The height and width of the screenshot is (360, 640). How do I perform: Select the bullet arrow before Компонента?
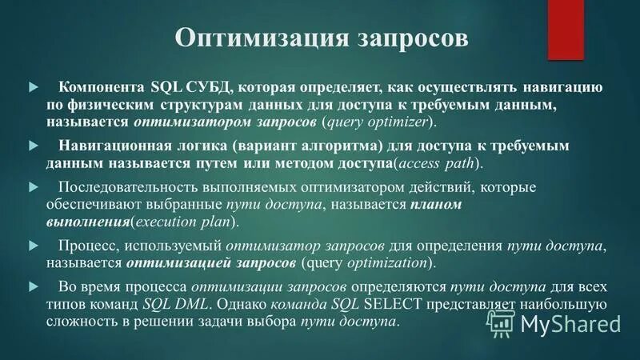[x=33, y=86]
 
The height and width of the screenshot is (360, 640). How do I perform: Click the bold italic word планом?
[x=437, y=205]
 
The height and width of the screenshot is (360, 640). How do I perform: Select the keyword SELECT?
[x=394, y=304]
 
